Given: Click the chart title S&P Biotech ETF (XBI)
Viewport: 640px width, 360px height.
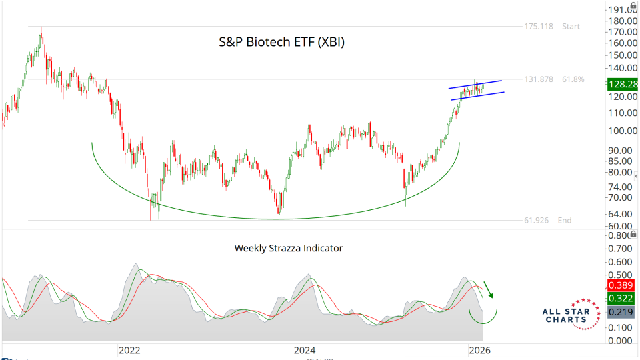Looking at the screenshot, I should click(282, 42).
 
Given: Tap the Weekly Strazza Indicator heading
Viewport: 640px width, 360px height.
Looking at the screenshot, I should click(288, 248).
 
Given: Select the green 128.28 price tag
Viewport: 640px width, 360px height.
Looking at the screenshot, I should click(620, 84).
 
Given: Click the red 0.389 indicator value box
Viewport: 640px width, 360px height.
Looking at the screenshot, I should click(620, 285).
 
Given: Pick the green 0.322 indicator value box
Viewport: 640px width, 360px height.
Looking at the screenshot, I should click(620, 298).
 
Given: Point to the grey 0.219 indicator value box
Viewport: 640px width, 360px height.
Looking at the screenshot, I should click(620, 312).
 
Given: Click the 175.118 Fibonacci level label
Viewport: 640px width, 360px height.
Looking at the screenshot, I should click(539, 27).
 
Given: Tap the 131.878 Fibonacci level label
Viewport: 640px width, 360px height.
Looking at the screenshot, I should click(539, 79).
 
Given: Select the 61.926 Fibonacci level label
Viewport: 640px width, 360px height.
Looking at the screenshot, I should click(537, 220).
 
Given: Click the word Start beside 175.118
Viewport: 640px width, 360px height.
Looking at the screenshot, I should click(571, 27).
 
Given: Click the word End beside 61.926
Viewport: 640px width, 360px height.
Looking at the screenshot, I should click(565, 220).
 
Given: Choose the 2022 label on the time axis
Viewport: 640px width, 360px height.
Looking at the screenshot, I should click(129, 349).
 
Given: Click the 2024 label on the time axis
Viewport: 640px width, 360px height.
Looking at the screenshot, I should click(305, 349).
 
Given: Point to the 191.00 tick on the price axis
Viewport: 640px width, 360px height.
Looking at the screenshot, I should click(623, 9).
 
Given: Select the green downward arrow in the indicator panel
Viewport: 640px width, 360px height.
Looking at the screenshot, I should click(489, 289).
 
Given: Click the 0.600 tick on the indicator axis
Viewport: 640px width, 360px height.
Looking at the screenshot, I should click(621, 261).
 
